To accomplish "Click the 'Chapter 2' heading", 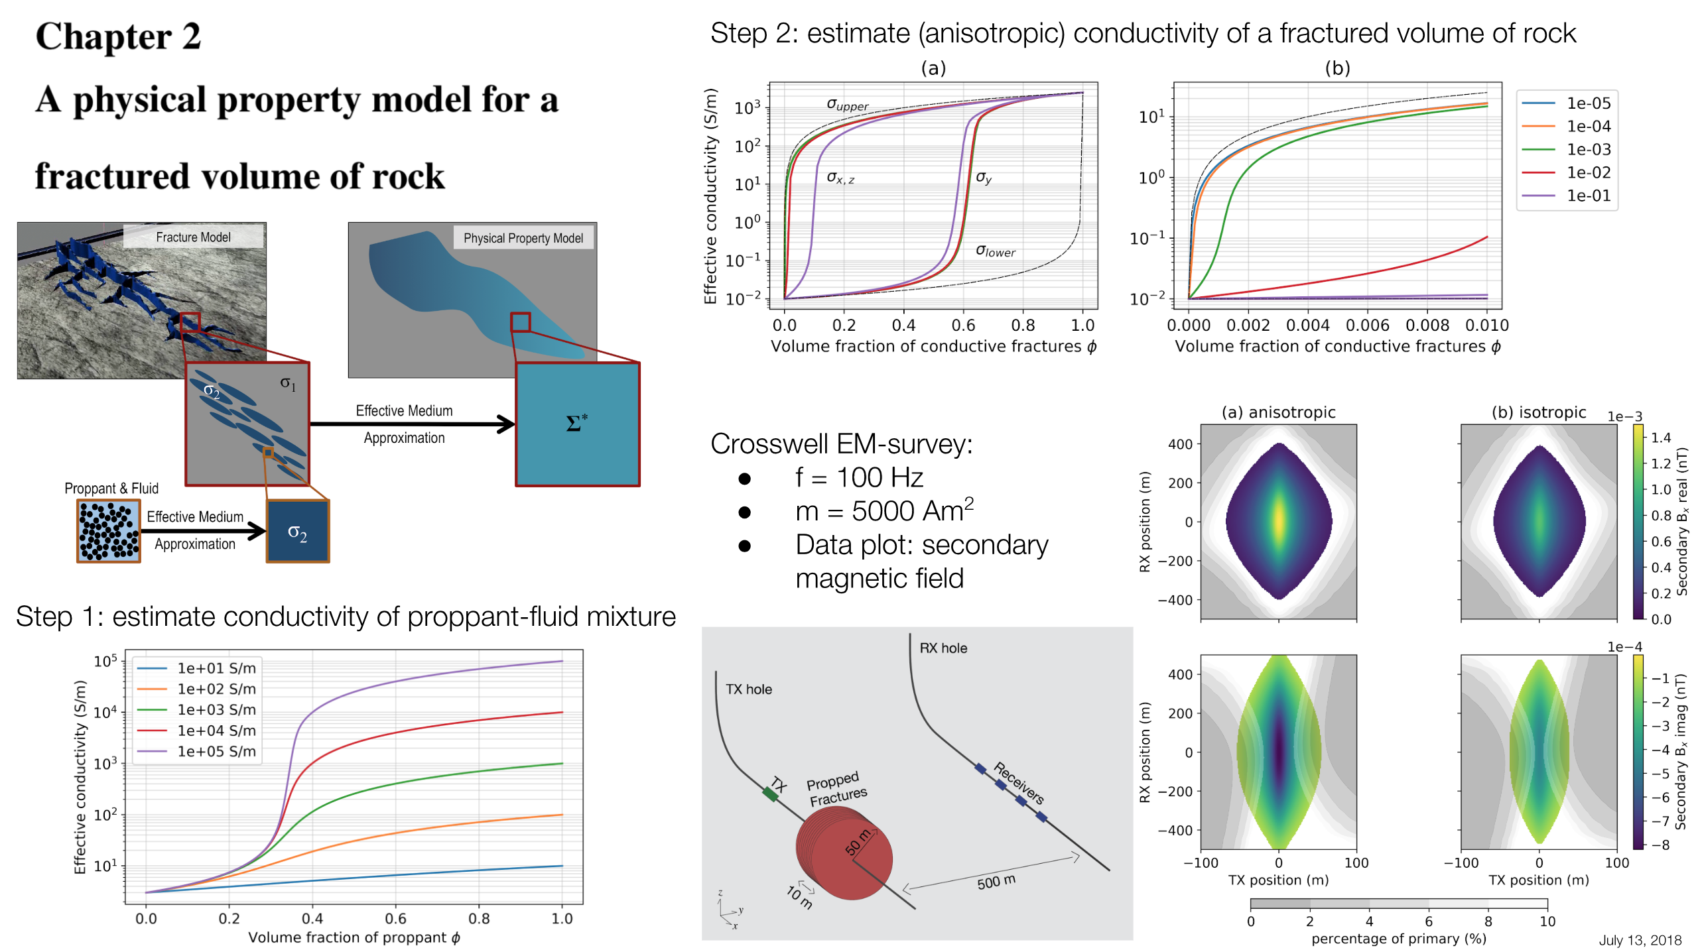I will [x=118, y=36].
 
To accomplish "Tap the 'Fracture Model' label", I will [x=193, y=237].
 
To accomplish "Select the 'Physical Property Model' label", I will [x=523, y=238].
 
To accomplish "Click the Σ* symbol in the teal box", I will [x=576, y=423].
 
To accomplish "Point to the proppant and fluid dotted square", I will [x=109, y=531].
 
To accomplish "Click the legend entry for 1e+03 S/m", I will [x=216, y=709].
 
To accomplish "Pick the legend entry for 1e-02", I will [x=1588, y=172].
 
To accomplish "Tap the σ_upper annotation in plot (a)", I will [x=847, y=104].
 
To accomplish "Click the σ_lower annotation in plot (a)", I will [x=995, y=251].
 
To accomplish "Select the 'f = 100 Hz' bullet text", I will [x=859, y=477].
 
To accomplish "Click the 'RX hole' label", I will [x=943, y=648].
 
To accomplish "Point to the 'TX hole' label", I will [x=748, y=689].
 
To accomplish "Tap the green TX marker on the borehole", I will [x=770, y=794].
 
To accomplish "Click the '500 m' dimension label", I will [x=996, y=882].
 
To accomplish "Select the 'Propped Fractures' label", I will [x=836, y=788].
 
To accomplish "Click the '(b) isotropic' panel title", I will [x=1538, y=412].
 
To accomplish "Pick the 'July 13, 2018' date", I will [x=1640, y=940].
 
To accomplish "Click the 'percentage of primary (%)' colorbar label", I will [x=1398, y=938].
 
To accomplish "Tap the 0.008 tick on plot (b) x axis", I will [x=1427, y=325].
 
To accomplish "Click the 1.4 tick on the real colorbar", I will [x=1660, y=438].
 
